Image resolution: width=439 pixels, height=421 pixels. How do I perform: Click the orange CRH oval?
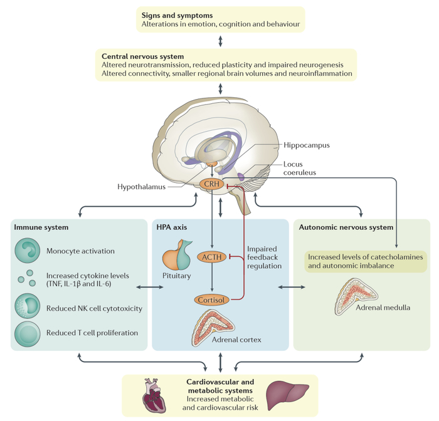212,185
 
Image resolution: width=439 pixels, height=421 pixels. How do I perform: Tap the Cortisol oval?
212,299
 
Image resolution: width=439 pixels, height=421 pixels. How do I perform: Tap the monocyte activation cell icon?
28,251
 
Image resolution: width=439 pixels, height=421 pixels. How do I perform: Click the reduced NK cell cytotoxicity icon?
28,308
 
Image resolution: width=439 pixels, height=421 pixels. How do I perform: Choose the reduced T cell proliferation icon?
28,332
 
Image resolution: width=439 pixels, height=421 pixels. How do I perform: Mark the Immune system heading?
41,227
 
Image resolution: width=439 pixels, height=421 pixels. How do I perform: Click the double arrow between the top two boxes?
219,41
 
